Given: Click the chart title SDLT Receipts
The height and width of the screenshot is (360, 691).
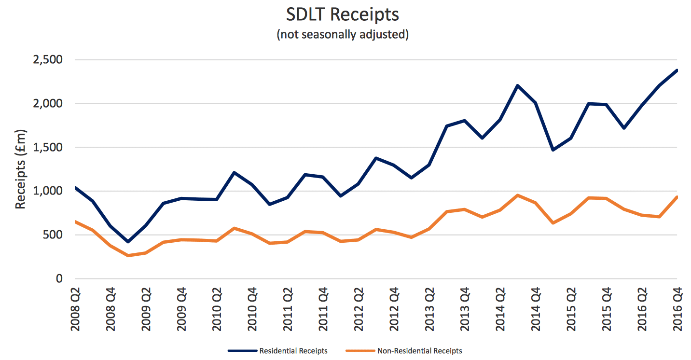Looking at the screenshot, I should [343, 15].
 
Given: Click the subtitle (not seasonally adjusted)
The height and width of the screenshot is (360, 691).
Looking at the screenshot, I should [343, 35].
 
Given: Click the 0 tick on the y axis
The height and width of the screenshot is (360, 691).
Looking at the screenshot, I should [59, 279].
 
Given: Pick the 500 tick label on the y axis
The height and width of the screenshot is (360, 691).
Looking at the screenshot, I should [54, 235].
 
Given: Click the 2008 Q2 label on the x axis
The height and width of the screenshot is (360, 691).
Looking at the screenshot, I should [75, 309].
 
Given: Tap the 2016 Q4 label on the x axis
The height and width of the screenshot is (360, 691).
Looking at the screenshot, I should [677, 309].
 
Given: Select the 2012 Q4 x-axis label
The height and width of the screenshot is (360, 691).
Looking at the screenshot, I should [394, 309].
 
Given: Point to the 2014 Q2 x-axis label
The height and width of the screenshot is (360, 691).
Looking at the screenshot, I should [500, 309].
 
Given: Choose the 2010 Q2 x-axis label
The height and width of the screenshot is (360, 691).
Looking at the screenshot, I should [217, 309].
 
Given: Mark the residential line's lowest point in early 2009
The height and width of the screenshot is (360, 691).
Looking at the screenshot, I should [128, 241].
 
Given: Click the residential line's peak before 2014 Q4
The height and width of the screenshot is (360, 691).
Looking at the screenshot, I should [517, 86].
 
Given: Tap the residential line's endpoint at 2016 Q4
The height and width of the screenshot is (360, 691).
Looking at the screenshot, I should [677, 70].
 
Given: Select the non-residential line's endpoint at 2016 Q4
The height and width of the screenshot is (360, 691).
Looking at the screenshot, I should [677, 197].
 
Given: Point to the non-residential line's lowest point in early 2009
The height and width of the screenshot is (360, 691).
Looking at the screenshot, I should [128, 255].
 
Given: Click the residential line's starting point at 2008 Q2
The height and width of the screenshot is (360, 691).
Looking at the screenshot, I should [75, 188].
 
